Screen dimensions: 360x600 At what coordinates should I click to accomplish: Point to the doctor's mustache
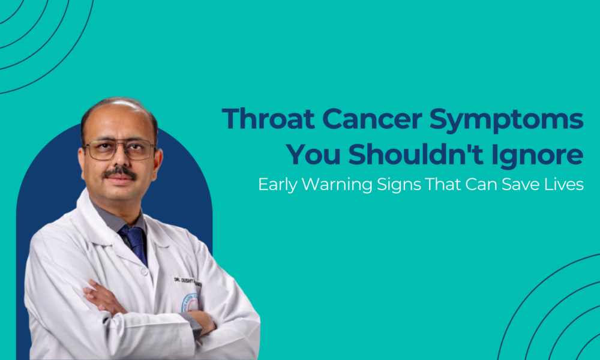tap(119, 173)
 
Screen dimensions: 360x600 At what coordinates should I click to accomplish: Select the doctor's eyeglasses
tap(119, 149)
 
